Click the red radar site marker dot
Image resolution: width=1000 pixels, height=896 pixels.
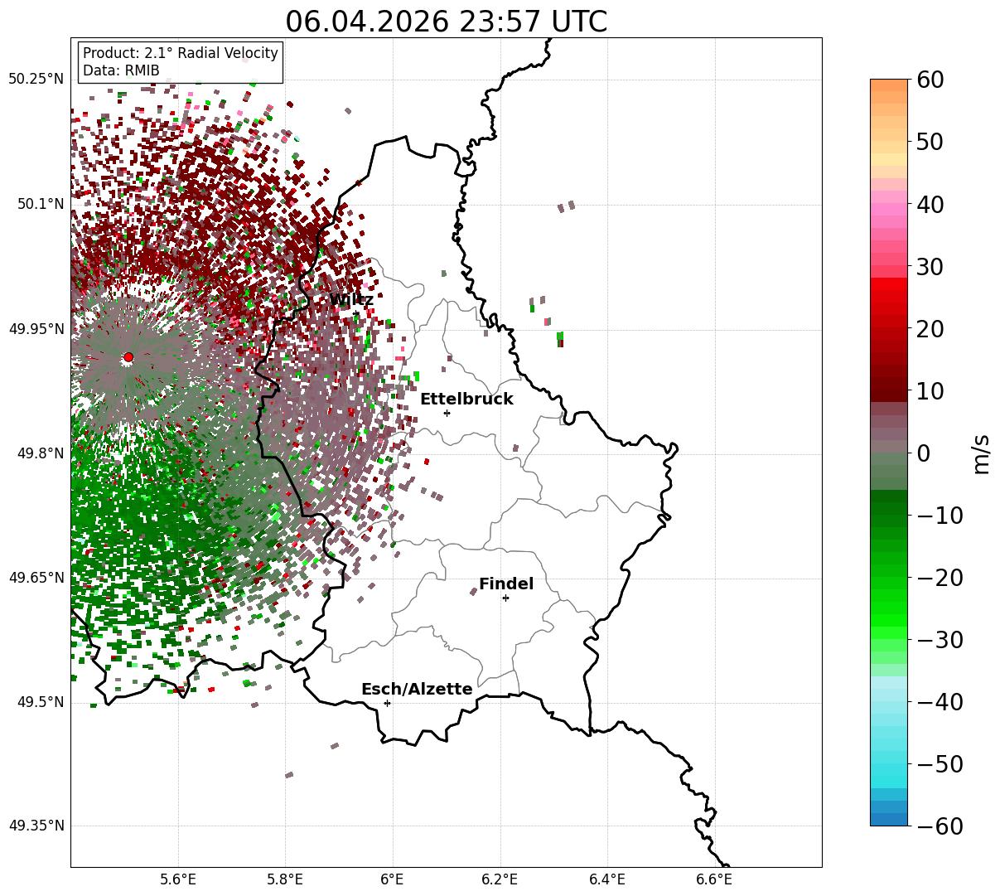[128, 357]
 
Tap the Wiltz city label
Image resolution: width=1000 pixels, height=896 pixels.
[351, 299]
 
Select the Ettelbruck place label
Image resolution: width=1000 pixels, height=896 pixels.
[466, 399]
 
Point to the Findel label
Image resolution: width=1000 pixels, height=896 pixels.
[506, 584]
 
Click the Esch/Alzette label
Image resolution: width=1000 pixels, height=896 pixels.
[417, 689]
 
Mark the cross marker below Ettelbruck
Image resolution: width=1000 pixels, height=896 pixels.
[447, 413]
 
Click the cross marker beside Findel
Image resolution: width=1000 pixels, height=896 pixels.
[505, 598]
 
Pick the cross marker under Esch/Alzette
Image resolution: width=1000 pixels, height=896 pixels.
[387, 703]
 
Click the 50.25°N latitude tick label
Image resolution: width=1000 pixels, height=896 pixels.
[36, 79]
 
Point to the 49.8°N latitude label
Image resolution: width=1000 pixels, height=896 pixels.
[41, 453]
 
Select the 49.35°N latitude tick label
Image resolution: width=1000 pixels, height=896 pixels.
[36, 826]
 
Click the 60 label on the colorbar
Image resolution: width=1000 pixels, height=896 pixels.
[930, 80]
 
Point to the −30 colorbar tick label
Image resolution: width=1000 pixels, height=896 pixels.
[940, 640]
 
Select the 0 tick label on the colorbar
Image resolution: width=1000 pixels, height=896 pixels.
[924, 453]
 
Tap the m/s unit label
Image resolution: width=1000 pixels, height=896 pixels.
[982, 455]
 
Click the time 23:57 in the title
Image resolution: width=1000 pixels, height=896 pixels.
[500, 22]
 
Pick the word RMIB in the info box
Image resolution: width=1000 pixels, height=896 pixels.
[143, 70]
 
